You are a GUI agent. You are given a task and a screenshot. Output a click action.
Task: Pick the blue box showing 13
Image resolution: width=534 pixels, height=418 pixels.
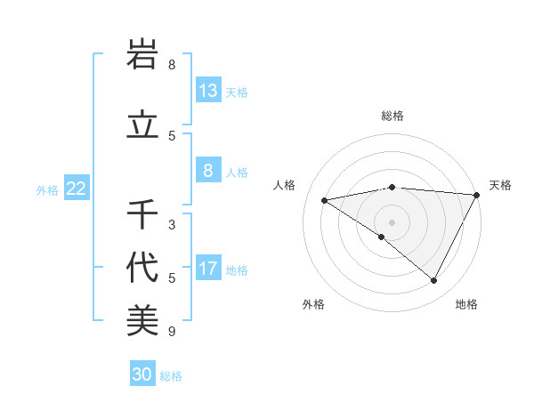(208, 91)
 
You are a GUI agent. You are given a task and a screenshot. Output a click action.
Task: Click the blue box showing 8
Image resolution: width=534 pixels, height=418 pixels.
(208, 172)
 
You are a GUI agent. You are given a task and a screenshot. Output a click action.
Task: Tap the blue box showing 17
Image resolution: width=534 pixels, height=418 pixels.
(208, 269)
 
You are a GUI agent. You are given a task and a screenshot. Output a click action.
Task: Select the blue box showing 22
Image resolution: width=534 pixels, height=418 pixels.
(77, 189)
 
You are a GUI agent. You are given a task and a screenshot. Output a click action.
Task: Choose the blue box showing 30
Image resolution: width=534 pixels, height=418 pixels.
(142, 374)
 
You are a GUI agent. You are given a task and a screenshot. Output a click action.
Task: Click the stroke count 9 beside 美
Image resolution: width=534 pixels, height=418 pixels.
(172, 333)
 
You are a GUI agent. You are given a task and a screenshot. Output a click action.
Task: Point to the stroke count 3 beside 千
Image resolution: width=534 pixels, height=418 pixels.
(172, 225)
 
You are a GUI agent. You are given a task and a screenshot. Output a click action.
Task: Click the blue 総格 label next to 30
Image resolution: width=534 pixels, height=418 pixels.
(171, 376)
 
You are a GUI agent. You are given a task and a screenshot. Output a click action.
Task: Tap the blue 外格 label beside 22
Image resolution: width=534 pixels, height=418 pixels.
(47, 189)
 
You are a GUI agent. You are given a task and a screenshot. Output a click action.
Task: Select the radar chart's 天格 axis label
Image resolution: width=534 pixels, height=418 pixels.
(500, 185)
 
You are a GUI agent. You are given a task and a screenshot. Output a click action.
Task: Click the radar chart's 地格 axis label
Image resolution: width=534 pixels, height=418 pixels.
(466, 304)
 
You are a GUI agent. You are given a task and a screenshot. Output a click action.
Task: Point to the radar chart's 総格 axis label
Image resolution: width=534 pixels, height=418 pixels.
(392, 116)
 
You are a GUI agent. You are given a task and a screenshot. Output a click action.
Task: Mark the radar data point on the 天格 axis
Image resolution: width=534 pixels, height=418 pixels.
(477, 195)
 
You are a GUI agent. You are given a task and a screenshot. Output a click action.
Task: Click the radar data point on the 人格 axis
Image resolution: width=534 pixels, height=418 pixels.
(325, 200)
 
